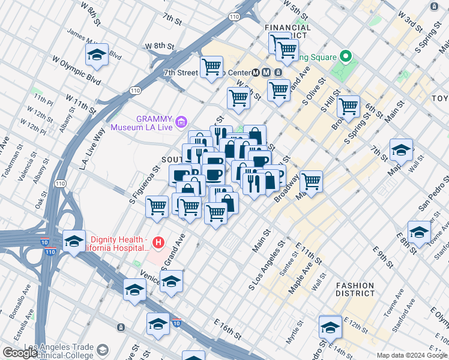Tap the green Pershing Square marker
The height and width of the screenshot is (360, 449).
[345, 58]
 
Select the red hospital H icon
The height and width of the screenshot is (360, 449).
[158, 242]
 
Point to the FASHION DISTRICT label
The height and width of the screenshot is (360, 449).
[354, 290]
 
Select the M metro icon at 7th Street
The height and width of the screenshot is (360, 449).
[257, 73]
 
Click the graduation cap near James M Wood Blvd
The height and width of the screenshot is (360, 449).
[97, 56]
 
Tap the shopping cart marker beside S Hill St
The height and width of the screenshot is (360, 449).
[348, 107]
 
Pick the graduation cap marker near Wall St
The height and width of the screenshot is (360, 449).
[401, 150]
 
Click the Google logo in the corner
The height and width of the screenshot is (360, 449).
[20, 353]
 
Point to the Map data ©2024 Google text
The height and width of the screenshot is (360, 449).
[412, 355]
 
